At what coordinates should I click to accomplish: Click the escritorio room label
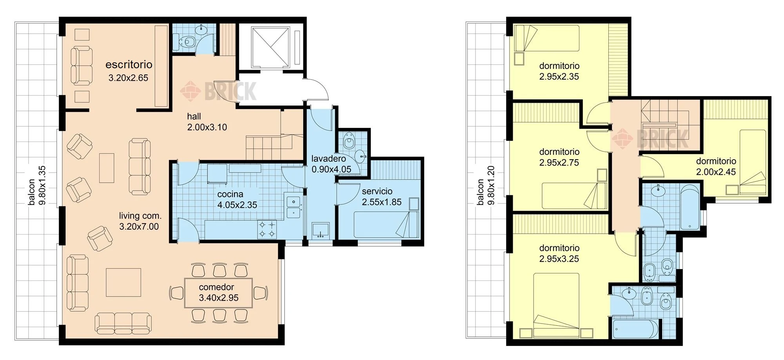[129, 65]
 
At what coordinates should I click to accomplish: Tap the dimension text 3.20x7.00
[139, 227]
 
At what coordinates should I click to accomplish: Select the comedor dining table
[219, 293]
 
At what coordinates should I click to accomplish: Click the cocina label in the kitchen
[230, 194]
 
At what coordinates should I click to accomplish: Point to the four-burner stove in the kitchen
[267, 229]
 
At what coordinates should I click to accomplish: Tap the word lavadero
[328, 159]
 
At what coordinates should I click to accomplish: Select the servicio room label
[377, 191]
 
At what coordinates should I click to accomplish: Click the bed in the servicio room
[386, 224]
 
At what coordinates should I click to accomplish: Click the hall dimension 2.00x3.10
[207, 127]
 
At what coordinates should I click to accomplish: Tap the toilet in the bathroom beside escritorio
[187, 41]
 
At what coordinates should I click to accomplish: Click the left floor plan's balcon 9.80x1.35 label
[37, 185]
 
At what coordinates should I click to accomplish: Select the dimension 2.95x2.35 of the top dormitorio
[559, 77]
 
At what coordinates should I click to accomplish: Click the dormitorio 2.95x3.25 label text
[559, 253]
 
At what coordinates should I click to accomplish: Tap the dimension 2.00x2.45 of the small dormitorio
[716, 172]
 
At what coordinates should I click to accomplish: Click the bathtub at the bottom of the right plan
[635, 329]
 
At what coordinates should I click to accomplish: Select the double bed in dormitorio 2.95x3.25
[557, 305]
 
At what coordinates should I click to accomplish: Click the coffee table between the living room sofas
[107, 168]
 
